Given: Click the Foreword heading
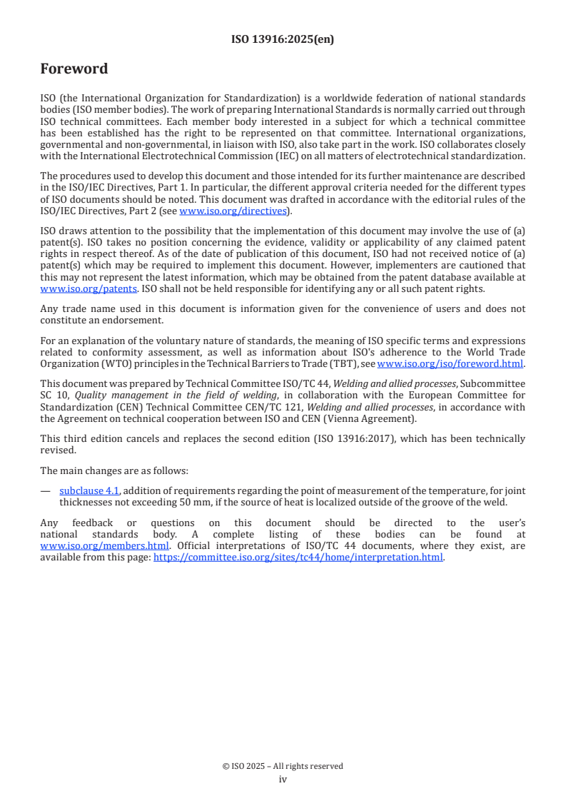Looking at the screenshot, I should point(74,69).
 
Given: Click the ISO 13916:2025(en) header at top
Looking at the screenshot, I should point(283,40).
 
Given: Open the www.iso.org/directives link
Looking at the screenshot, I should point(233,211).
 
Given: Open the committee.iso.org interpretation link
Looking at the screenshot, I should point(298,558).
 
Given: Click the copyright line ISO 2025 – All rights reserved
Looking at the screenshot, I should point(283,766).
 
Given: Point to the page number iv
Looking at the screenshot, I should point(283,780).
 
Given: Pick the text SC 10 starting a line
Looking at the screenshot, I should point(51,396).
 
